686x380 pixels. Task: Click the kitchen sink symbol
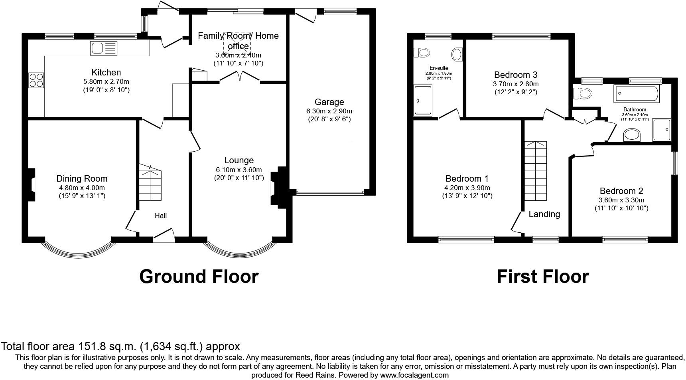[x=104, y=48]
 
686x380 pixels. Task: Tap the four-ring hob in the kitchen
[x=36, y=80]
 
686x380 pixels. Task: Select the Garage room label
[x=329, y=102]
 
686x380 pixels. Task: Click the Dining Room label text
[x=82, y=179]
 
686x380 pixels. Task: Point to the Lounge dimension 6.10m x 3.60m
[x=239, y=169]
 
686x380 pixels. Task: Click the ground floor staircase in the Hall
[x=150, y=184]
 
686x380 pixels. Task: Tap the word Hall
[x=161, y=216]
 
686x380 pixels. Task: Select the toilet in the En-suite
[x=421, y=52]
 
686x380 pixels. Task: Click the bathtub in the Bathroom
[x=637, y=94]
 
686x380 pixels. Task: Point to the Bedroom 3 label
[x=516, y=75]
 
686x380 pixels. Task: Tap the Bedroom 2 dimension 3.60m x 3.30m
[x=621, y=200]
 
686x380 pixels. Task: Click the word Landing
[x=544, y=214]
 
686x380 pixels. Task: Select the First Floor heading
[x=542, y=277]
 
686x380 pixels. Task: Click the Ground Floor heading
[x=199, y=277]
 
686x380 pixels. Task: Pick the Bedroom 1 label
[x=467, y=178]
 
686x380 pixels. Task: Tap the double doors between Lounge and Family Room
[x=240, y=77]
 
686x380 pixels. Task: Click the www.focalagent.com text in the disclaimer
[x=414, y=375]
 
